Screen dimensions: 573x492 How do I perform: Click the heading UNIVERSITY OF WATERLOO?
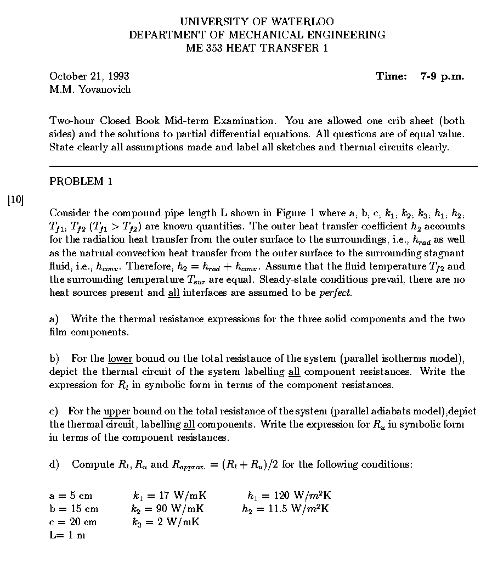[x=257, y=22]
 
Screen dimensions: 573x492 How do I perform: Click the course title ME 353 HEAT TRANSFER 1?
[x=257, y=48]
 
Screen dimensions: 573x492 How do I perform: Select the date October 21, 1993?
[x=89, y=76]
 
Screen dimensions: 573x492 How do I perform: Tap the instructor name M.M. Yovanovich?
[x=90, y=89]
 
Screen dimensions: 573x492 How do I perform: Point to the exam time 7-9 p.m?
[x=442, y=76]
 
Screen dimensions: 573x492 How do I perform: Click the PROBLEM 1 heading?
[x=81, y=182]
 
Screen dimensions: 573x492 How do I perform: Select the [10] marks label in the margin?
[x=16, y=200]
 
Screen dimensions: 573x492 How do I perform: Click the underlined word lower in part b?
[x=120, y=359]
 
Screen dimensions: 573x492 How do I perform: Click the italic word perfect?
[x=335, y=293]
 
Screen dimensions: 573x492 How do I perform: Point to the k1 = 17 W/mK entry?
[x=168, y=496]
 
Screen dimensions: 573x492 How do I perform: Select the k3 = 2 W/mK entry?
[x=166, y=522]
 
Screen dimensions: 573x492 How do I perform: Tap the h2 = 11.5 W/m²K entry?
[x=285, y=509]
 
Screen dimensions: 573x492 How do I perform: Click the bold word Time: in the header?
[x=391, y=76]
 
